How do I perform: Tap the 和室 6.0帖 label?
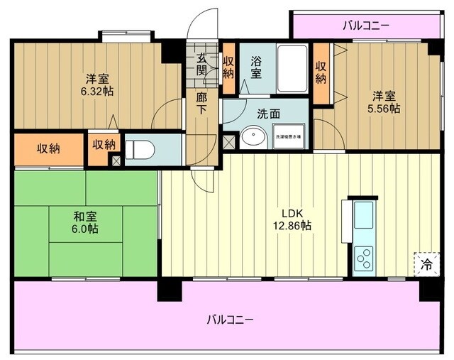point(84,223)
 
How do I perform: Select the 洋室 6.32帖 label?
point(98,84)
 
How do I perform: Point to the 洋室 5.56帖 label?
point(384,103)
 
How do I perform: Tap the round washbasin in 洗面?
point(252,138)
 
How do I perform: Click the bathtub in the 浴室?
point(291,68)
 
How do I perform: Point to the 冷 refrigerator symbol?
point(426,263)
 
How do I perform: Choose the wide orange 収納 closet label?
point(48,148)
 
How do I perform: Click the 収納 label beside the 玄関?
point(228,66)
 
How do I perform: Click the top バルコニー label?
point(365,26)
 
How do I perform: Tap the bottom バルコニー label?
point(230,319)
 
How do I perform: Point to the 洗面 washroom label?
point(267,113)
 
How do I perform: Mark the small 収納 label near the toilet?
point(104,144)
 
